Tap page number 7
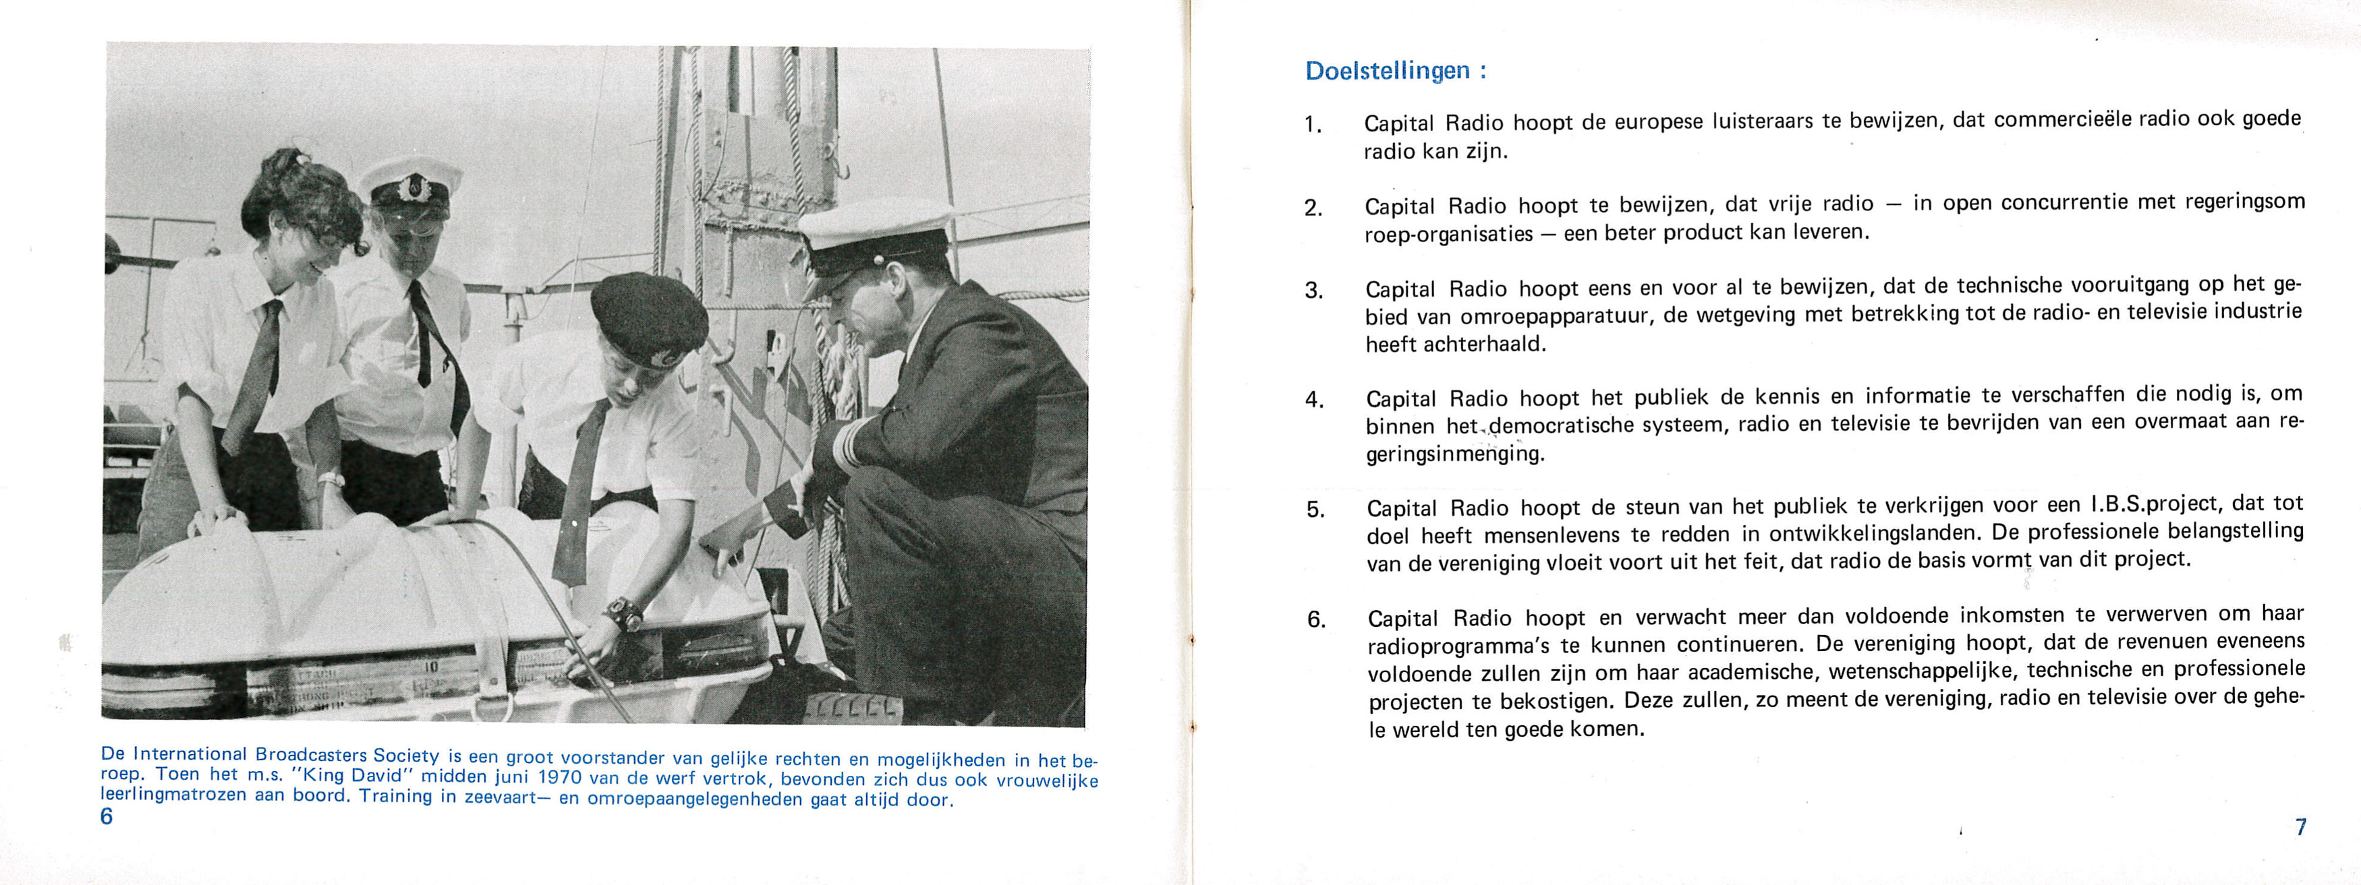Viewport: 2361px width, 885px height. coord(2300,826)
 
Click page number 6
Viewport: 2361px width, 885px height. coord(107,816)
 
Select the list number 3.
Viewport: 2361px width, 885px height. coord(1313,291)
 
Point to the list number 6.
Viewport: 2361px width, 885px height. coord(1316,620)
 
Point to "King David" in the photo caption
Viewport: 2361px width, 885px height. coord(352,774)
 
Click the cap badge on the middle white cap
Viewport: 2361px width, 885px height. coord(408,189)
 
